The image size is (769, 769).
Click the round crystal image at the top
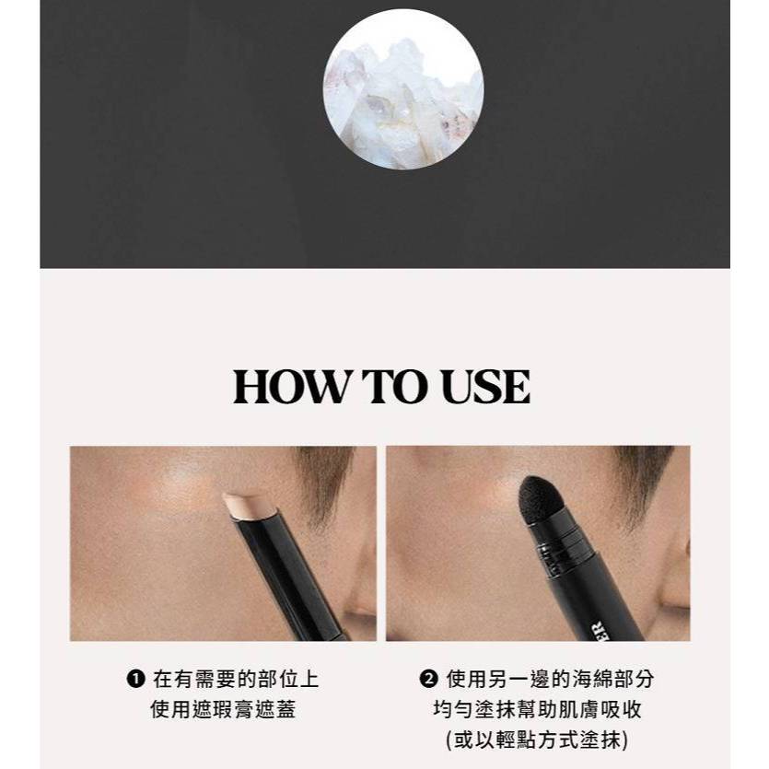coord(403,89)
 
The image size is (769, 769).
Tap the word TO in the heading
coord(394,387)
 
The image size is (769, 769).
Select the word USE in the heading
coord(485,387)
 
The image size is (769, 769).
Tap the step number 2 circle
coord(428,680)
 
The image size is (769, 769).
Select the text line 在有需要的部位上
coord(236,680)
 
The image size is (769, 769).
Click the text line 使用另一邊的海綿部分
coord(550,680)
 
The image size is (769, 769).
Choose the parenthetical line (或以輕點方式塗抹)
coord(538,740)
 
